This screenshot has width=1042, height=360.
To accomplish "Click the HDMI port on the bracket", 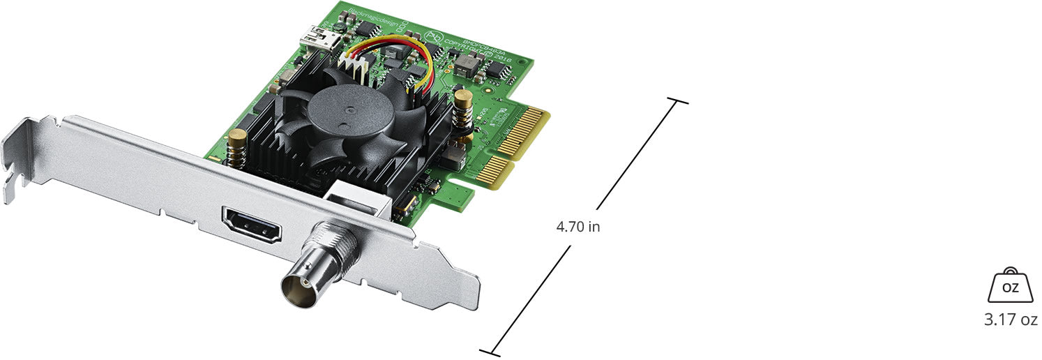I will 251,224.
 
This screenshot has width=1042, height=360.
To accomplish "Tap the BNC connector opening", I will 301,285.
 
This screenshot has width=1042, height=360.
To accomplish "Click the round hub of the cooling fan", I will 342,112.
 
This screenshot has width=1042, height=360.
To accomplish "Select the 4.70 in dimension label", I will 577,227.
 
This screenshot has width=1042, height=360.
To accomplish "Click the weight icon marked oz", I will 1010,286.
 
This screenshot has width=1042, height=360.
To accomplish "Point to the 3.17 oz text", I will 1011,320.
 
